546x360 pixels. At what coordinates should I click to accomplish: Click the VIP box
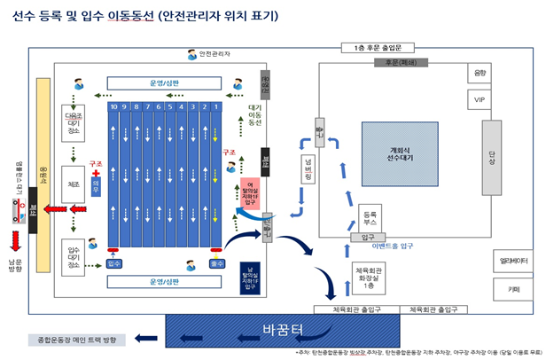pyautogui.click(x=480, y=99)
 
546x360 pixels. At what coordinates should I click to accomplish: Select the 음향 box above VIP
pyautogui.click(x=480, y=73)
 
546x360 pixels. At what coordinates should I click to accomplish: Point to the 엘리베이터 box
pyautogui.click(x=513, y=261)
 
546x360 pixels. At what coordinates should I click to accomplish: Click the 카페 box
pyautogui.click(x=513, y=288)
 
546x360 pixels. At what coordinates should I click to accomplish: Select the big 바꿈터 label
pyautogui.click(x=284, y=331)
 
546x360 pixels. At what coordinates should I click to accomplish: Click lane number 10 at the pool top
pyautogui.click(x=113, y=107)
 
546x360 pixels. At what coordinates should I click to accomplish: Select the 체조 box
pyautogui.click(x=74, y=185)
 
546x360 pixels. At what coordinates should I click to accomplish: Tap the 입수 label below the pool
pyautogui.click(x=113, y=263)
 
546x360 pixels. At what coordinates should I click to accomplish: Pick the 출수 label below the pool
pyautogui.click(x=216, y=263)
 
